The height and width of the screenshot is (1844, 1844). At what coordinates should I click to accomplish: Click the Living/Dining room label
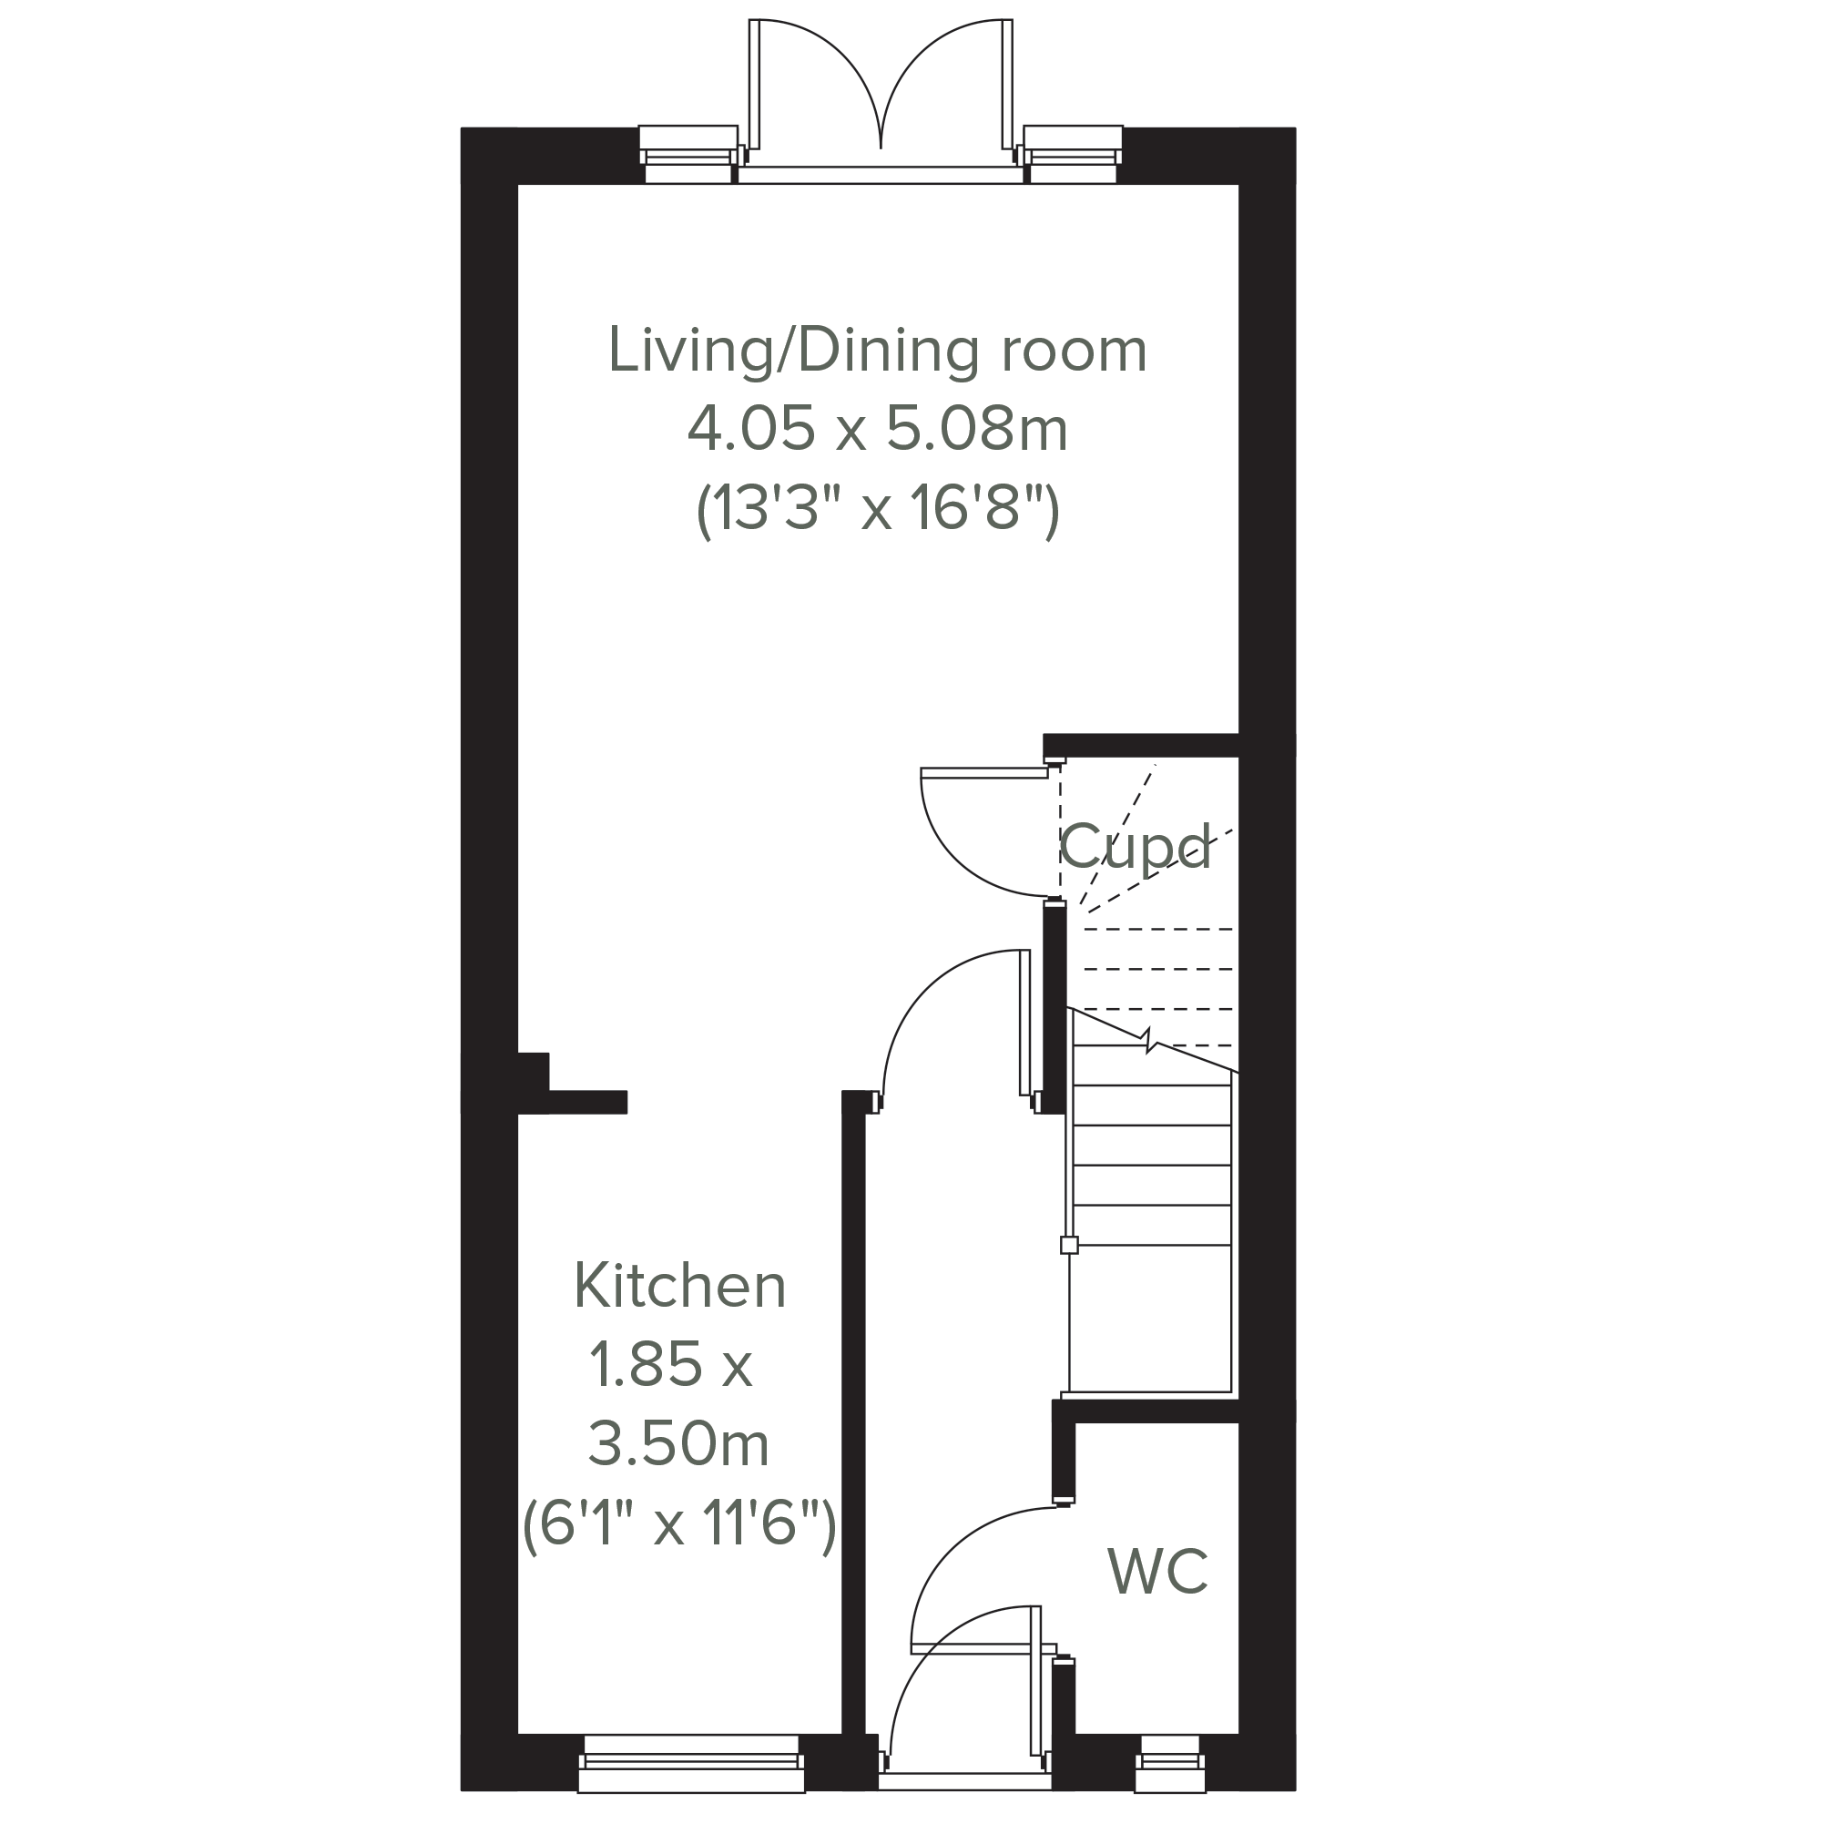[877, 351]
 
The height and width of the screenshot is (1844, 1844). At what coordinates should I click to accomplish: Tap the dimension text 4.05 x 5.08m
[877, 430]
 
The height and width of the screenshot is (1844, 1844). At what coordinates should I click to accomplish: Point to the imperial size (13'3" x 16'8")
[878, 511]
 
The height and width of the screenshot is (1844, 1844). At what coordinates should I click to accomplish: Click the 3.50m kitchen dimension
[678, 1443]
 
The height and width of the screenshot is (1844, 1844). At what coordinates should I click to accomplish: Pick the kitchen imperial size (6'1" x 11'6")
[679, 1523]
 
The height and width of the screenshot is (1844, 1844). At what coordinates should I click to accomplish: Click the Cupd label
[1135, 847]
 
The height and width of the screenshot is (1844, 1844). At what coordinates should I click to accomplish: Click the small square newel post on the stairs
[1069, 1245]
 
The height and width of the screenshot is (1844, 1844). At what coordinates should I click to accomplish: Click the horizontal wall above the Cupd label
[1141, 746]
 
